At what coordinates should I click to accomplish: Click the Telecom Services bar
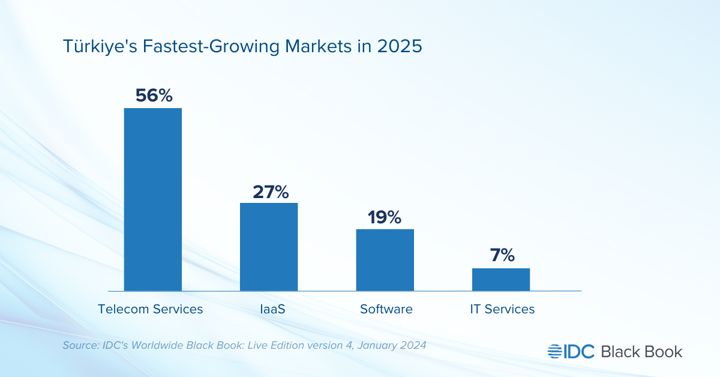(152, 199)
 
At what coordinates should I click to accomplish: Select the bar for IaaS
(269, 247)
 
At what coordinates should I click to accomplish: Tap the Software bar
(385, 260)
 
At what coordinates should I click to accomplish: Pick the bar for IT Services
(501, 279)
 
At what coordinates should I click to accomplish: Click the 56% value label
(154, 95)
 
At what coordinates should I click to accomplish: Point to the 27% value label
(269, 192)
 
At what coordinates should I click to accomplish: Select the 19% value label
(385, 217)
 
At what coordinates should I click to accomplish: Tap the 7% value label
(501, 255)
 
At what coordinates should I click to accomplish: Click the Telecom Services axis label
(151, 309)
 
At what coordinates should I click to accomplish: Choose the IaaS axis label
(269, 309)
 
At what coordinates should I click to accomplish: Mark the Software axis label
(386, 309)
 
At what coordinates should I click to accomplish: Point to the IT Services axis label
(502, 309)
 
